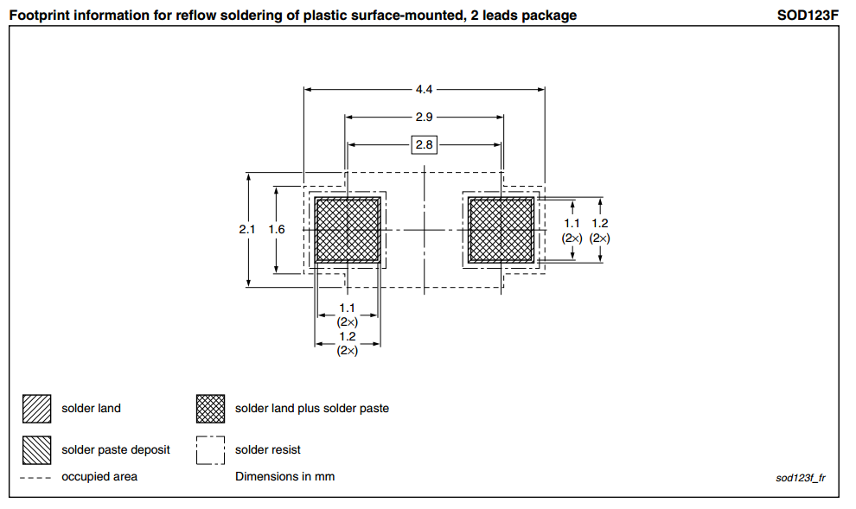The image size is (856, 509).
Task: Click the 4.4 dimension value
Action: pos(424,88)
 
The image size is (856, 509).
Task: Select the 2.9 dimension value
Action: pos(424,117)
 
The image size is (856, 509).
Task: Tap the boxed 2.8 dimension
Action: pos(424,145)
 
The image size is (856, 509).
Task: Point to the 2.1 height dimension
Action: pos(247,230)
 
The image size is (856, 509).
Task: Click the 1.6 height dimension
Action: pos(276,230)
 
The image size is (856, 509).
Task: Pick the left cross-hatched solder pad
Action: pos(348,230)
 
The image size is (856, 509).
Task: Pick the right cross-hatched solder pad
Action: pos(501,230)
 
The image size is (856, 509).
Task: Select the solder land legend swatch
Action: pos(38,409)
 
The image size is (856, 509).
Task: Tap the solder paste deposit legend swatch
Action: pos(38,450)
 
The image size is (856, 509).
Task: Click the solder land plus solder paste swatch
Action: pos(211,409)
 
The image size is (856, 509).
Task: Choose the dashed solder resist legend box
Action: pos(211,450)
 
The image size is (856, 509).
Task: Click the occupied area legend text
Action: pos(99,477)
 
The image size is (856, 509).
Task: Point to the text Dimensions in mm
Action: pos(284,477)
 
